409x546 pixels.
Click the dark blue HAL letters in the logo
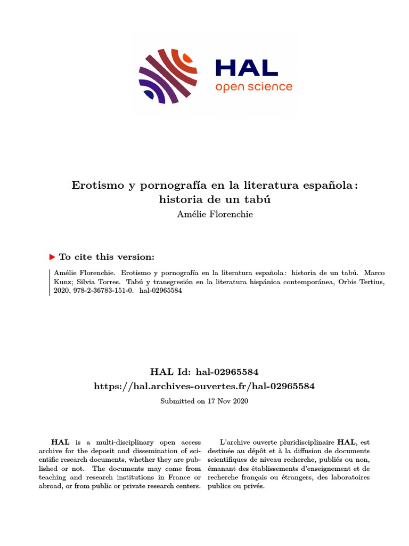pyautogui.click(x=247, y=67)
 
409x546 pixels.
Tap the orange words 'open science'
pyautogui.click(x=253, y=86)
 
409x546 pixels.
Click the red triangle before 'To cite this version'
pyautogui.click(x=52, y=257)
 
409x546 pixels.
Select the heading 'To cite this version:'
pyautogui.click(x=107, y=257)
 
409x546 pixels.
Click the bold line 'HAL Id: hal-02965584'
pyautogui.click(x=204, y=371)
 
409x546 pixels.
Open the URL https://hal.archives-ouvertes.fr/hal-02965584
pyautogui.click(x=204, y=386)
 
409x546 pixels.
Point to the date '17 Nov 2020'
pyautogui.click(x=227, y=400)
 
